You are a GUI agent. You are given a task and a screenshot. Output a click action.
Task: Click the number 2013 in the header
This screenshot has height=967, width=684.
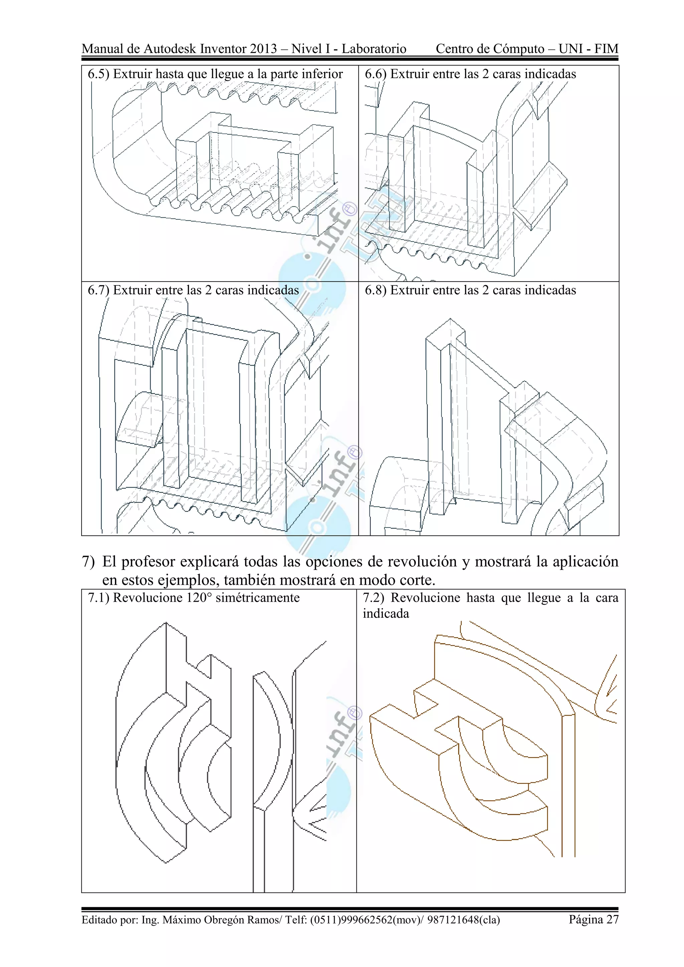tap(263, 49)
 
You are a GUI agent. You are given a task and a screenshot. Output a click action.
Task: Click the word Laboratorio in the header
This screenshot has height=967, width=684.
tap(374, 49)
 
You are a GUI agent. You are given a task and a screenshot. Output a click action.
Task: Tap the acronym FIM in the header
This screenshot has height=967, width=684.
tap(606, 49)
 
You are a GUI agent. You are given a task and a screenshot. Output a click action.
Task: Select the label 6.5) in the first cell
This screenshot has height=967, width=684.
tap(98, 74)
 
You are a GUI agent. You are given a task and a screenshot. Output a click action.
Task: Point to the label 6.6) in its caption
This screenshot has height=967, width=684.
tap(375, 74)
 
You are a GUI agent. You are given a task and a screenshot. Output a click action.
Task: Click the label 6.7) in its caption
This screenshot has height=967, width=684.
tap(98, 290)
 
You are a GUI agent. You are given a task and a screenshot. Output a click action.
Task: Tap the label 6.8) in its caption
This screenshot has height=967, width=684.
tap(375, 290)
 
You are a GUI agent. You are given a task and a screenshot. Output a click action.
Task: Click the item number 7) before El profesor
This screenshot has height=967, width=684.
tap(88, 562)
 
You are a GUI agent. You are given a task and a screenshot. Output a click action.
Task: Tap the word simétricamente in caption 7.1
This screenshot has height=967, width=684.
tap(258, 598)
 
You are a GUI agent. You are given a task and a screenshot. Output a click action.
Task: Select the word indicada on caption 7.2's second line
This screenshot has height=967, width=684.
tap(386, 614)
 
